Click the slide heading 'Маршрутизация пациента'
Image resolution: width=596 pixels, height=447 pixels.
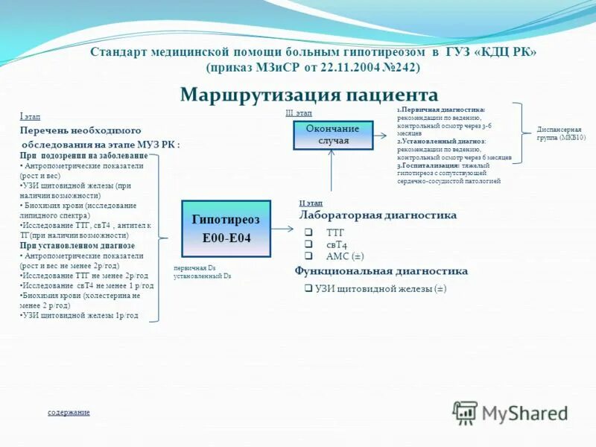point(309,95)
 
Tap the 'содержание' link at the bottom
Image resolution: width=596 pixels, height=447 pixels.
point(69,412)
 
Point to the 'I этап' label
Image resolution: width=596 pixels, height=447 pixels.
point(30,116)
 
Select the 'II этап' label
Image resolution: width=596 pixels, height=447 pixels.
point(311,203)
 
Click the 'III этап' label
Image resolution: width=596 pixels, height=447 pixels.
point(299,112)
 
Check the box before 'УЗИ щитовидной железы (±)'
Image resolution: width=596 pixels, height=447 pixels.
point(308,288)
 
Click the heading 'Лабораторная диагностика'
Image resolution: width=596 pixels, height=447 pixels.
point(378,215)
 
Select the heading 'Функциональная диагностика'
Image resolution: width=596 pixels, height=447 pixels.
point(381,271)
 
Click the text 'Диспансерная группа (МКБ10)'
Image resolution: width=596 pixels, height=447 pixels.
point(561,133)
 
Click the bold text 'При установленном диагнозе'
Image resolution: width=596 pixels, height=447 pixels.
point(77,245)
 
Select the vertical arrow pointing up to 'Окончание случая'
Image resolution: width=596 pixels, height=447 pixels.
point(332,171)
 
